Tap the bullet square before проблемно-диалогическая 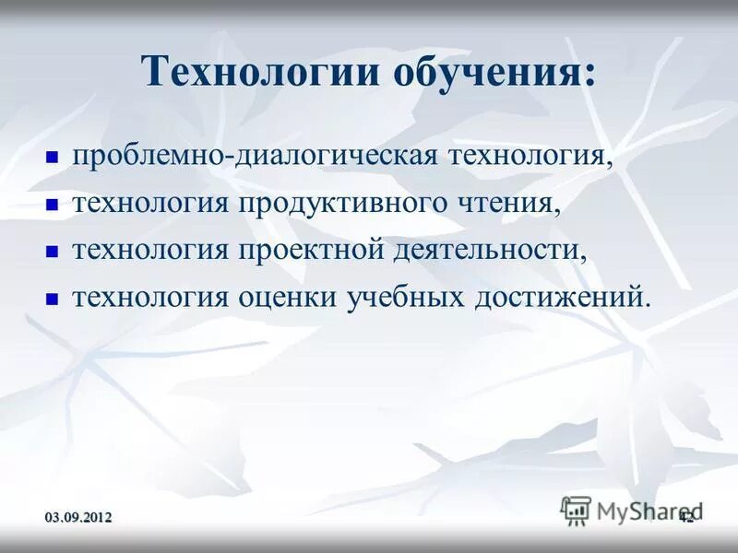(x=52, y=158)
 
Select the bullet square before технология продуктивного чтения (x=52, y=205)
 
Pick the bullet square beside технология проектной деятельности (x=52, y=252)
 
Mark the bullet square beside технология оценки (x=52, y=299)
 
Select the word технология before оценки (x=150, y=297)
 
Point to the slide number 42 (x=686, y=518)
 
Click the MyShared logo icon (x=576, y=510)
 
